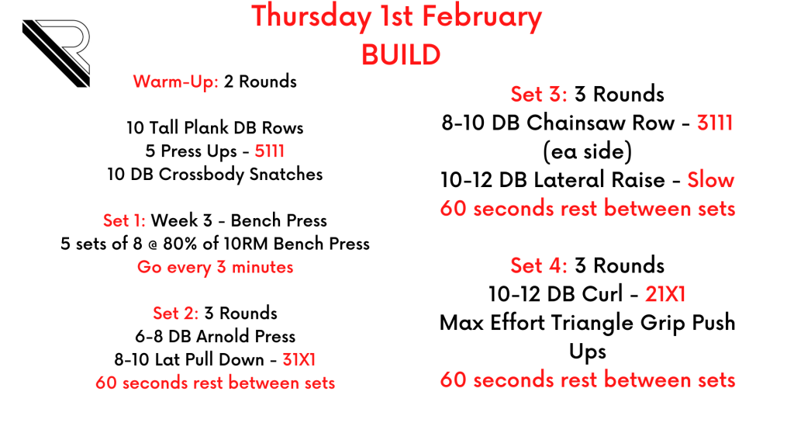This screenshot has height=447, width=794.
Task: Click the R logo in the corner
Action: tap(57, 54)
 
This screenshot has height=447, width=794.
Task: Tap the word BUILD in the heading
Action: tap(401, 55)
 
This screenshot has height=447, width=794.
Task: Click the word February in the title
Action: tap(482, 17)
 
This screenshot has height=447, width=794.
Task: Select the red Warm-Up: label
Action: tap(176, 81)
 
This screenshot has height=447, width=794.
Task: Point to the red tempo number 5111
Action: tap(269, 151)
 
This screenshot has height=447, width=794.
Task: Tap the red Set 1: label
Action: tap(124, 220)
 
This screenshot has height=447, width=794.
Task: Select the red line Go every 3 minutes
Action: tap(216, 267)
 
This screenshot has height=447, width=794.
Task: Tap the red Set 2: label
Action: tap(176, 314)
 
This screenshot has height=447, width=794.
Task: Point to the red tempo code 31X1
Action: tap(299, 360)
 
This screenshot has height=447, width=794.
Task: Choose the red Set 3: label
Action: tap(539, 94)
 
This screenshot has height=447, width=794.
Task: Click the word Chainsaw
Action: tap(601, 123)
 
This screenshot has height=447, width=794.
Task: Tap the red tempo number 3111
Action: tap(715, 123)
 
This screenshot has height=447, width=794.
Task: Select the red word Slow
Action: tap(710, 180)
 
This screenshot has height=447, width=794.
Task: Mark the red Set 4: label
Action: tap(539, 265)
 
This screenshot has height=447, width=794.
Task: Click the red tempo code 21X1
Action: tap(665, 294)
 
